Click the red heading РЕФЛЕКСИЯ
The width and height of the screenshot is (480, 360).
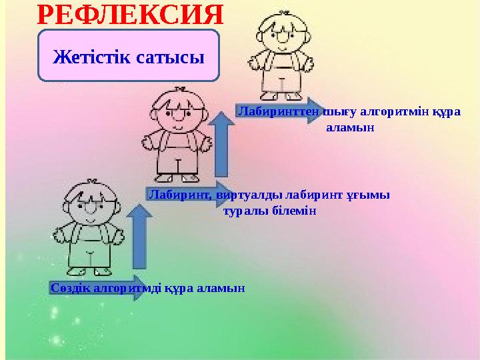coord(129,13)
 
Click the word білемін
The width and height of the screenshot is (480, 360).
coord(292,211)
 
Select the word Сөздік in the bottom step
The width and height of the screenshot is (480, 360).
coord(70,287)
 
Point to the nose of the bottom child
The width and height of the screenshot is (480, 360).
coord(91,211)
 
